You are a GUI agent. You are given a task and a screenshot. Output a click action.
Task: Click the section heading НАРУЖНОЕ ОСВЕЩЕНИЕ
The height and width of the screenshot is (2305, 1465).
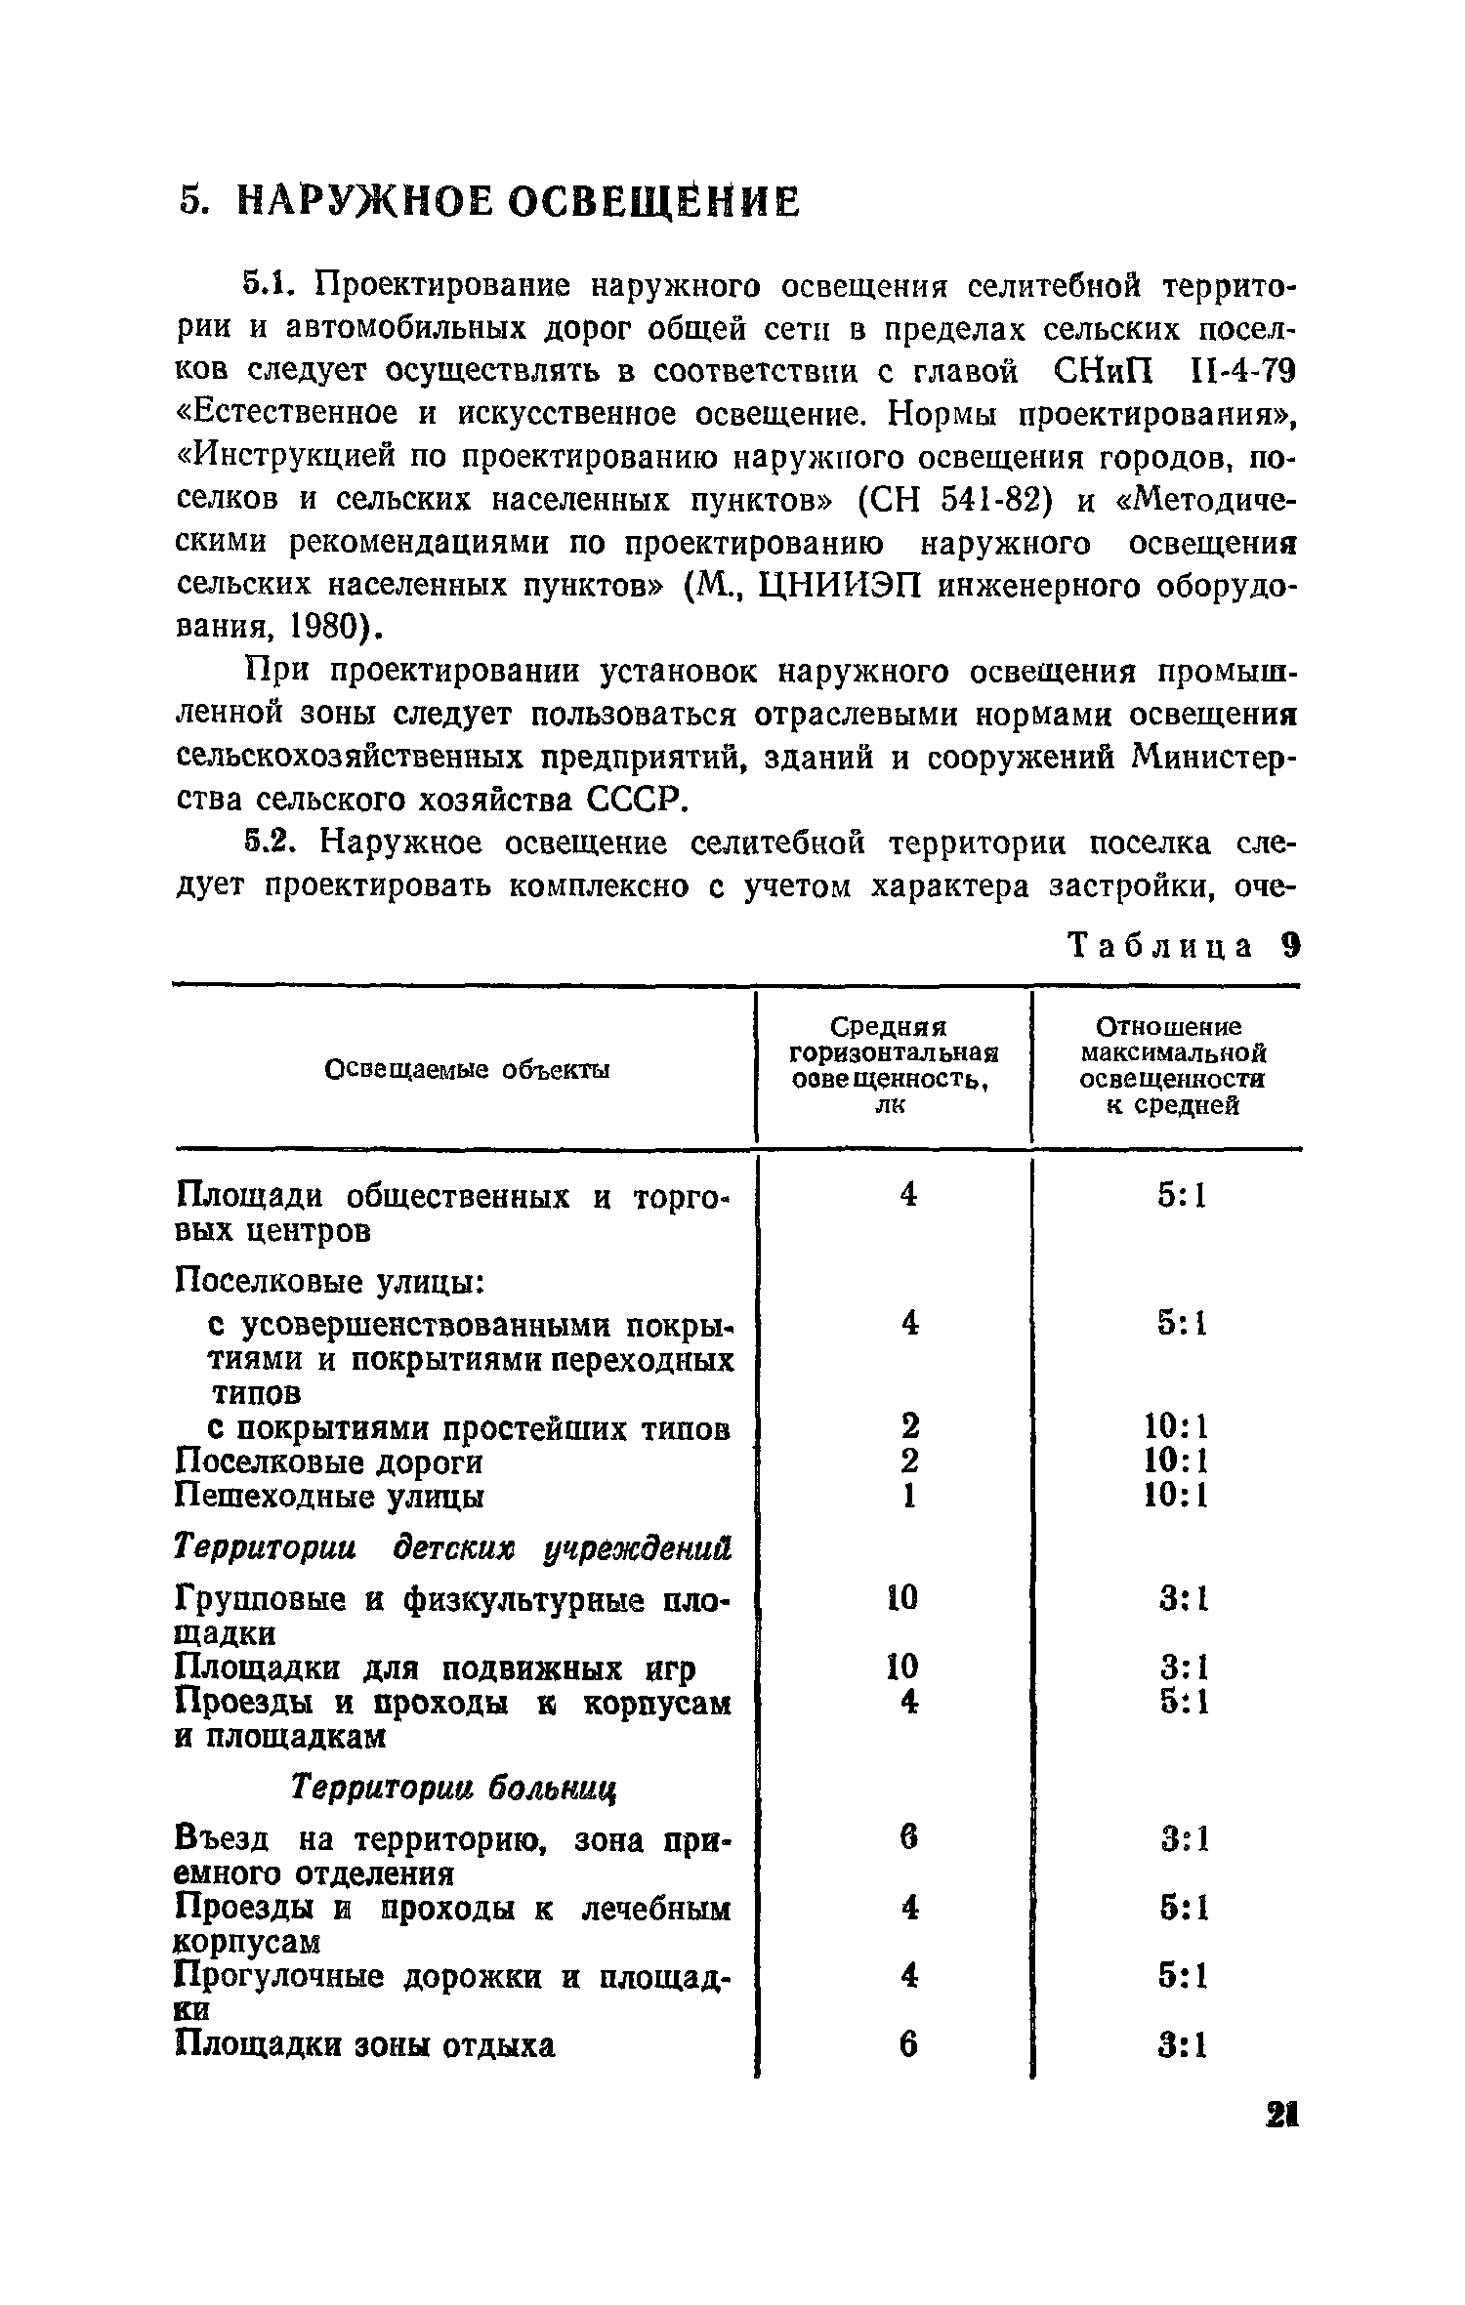click(518, 202)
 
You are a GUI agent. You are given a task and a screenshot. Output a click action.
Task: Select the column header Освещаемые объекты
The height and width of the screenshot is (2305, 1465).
click(467, 1069)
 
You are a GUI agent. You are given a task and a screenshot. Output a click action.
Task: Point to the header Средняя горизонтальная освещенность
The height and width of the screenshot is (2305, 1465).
click(894, 1065)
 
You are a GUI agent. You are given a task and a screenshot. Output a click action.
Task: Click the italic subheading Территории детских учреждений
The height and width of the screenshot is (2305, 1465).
click(453, 1547)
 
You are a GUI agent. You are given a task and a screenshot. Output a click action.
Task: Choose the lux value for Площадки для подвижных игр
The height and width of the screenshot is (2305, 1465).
click(902, 1667)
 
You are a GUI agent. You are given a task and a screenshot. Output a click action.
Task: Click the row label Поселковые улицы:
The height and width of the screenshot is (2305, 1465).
click(331, 1280)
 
